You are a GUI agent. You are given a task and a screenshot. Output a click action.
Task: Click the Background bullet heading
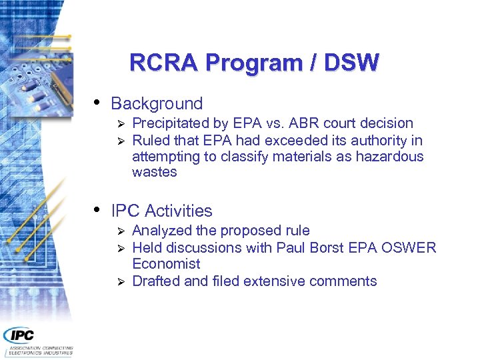[157, 104]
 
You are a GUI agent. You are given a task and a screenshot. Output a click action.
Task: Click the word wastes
[155, 172]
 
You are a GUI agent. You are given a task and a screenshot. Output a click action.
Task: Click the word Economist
[166, 264]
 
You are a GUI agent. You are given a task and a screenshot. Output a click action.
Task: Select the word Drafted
[156, 281]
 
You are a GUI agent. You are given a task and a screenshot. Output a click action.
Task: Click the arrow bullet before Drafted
[121, 282]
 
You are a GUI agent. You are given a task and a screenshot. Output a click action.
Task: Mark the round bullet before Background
[97, 103]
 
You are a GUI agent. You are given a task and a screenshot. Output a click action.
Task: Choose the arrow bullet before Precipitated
[121, 124]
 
